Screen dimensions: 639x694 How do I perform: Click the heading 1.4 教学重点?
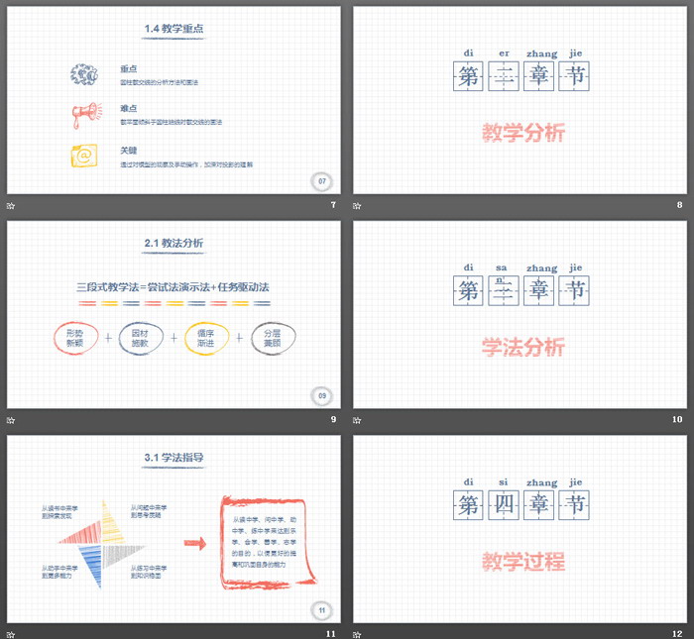tap(173, 29)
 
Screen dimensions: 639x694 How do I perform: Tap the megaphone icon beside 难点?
tap(84, 115)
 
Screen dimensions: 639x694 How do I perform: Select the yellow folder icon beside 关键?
tap(83, 157)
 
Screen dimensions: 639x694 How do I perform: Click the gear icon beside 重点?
tap(83, 73)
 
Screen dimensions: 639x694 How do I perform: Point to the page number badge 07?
tap(321, 181)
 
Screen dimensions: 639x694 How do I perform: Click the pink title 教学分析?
tap(522, 133)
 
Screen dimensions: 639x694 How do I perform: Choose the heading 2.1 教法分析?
tap(173, 243)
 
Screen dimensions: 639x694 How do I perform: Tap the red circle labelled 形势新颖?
tap(73, 338)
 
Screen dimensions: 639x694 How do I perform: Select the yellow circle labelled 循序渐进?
tap(205, 338)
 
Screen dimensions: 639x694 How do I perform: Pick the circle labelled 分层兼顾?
tap(273, 338)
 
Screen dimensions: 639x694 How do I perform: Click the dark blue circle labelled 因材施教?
tap(140, 338)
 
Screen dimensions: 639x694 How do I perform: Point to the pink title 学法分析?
tap(522, 347)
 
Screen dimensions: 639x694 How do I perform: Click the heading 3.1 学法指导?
tap(173, 458)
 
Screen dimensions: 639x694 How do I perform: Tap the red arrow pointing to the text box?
tap(195, 543)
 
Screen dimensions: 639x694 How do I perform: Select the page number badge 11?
tap(321, 609)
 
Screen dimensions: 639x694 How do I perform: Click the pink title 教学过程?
tap(522, 562)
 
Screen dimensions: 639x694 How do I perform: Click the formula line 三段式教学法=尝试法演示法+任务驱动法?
tap(173, 287)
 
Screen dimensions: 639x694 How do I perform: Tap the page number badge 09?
tap(321, 395)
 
